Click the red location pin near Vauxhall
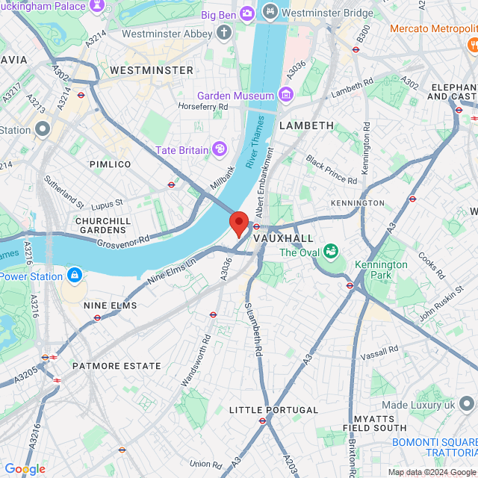click(x=238, y=223)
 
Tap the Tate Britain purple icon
click(x=220, y=149)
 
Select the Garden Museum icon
click(x=285, y=95)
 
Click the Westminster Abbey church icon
click(x=225, y=33)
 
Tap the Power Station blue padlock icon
click(x=74, y=276)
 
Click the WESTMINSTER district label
click(x=152, y=70)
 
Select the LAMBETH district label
click(x=306, y=125)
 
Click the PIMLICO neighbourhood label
click(x=110, y=164)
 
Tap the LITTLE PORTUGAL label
click(x=273, y=410)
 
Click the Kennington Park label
click(x=381, y=270)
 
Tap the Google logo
click(x=25, y=468)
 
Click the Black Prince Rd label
click(x=332, y=170)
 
